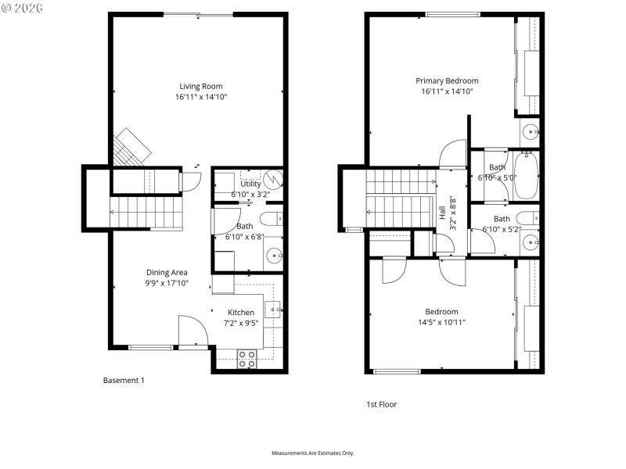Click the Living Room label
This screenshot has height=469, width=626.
pyautogui.click(x=201, y=86)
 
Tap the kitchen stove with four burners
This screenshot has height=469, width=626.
pyautogui.click(x=247, y=359)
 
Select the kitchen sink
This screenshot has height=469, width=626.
pyautogui.click(x=275, y=310)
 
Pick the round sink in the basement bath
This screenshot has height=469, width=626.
pyautogui.click(x=275, y=254)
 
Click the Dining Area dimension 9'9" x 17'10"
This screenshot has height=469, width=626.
pyautogui.click(x=167, y=283)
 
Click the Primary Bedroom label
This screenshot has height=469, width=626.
pyautogui.click(x=447, y=81)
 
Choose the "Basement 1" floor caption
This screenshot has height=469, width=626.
pyautogui.click(x=124, y=381)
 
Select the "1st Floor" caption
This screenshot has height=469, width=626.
pyautogui.click(x=383, y=404)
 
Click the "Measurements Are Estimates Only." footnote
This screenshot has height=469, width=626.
pyautogui.click(x=313, y=453)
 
